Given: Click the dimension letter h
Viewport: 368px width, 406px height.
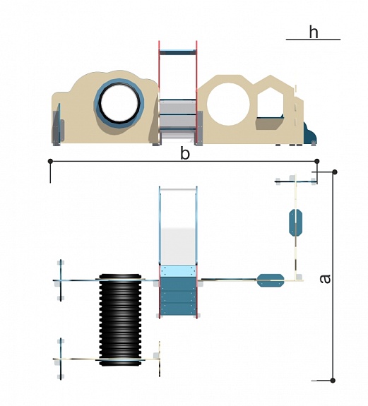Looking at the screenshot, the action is tap(314, 32).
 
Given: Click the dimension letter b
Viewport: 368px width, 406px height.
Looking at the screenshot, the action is tap(185, 153).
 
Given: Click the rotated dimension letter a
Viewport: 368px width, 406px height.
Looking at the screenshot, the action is tap(325, 279).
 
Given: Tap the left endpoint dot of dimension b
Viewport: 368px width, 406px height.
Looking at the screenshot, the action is tap(50, 161).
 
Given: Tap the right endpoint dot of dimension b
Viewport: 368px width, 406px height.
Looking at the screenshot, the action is tap(316, 161).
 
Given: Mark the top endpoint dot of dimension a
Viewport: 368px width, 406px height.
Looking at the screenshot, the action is tap(335, 172).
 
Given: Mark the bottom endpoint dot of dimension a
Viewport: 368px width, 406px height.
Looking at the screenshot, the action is tap(333, 381).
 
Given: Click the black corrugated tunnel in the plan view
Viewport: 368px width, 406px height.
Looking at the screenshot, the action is tap(120, 320).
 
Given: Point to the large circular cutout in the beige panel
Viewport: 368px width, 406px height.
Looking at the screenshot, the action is tap(228, 104).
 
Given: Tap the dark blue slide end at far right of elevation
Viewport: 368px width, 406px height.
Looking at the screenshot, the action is tap(310, 134).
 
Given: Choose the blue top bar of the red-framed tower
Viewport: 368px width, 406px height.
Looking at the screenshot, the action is tap(178, 52).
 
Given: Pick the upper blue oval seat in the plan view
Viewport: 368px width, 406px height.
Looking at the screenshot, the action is tap(295, 222).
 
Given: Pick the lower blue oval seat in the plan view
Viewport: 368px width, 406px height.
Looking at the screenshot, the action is tap(271, 280).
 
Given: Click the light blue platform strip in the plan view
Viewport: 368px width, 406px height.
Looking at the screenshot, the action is tap(178, 271).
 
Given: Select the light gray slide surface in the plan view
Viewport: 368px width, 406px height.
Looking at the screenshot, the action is tap(178, 246).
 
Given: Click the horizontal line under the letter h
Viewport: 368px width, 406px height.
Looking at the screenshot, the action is tap(313, 40).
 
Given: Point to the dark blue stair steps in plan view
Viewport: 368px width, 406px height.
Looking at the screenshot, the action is tap(178, 295).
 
